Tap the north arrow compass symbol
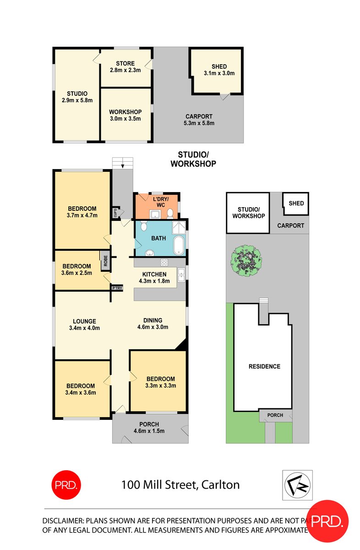tap(298, 484)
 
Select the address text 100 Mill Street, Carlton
tap(180, 484)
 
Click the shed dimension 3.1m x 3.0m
tap(217, 73)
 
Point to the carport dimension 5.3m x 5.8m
tap(199, 123)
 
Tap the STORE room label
tap(125, 64)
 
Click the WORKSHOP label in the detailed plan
tap(125, 112)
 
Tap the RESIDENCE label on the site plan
tap(264, 366)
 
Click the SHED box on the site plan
tap(296, 203)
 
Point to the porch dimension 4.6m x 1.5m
tap(149, 431)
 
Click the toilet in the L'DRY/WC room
tap(169, 213)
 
